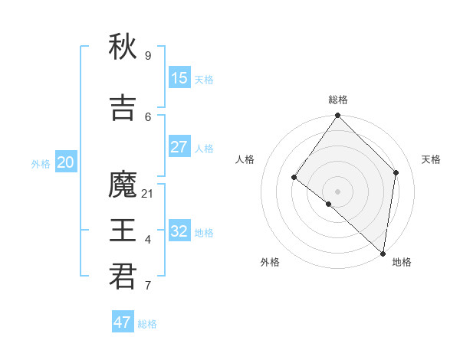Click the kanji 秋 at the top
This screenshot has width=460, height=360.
coord(123,47)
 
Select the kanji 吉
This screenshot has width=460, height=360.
coord(123,108)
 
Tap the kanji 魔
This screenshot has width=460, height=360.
coord(123,185)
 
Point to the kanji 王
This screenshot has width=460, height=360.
coord(123,231)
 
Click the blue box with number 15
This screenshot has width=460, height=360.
coord(179,78)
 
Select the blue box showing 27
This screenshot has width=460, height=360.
coord(179,147)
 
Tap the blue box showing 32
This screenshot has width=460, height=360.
coord(179,231)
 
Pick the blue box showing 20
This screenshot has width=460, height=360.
coord(65,162)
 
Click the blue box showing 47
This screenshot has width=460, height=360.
coord(123,322)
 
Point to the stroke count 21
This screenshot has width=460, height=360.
coord(148,193)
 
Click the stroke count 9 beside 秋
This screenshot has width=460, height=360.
coord(148,56)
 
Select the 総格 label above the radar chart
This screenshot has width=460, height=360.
coord(337,100)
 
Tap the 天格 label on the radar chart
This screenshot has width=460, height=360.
coord(431,159)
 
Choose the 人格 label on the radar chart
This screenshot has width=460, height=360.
coord(245,159)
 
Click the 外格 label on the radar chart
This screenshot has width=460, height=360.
coord(270,262)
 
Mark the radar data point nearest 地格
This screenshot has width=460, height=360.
coord(382,253)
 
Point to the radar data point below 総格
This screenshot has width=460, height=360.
coord(337,116)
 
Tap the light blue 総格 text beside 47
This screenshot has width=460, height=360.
coord(147,324)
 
